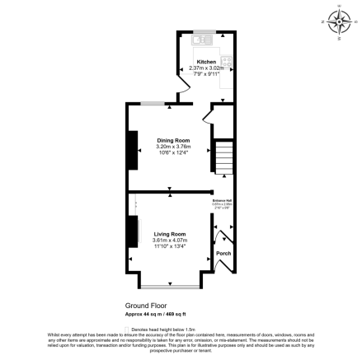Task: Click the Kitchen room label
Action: [x=206, y=62]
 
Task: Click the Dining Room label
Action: [x=173, y=141]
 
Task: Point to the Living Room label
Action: [x=170, y=234]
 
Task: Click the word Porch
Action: [x=223, y=265]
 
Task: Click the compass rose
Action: [x=339, y=20]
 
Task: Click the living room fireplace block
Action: [x=129, y=240]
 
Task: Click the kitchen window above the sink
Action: [x=201, y=32]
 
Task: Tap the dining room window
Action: [x=151, y=104]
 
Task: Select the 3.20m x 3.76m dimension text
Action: [x=173, y=147]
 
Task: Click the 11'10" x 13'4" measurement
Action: [x=170, y=245]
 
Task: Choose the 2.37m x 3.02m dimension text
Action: [x=206, y=68]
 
